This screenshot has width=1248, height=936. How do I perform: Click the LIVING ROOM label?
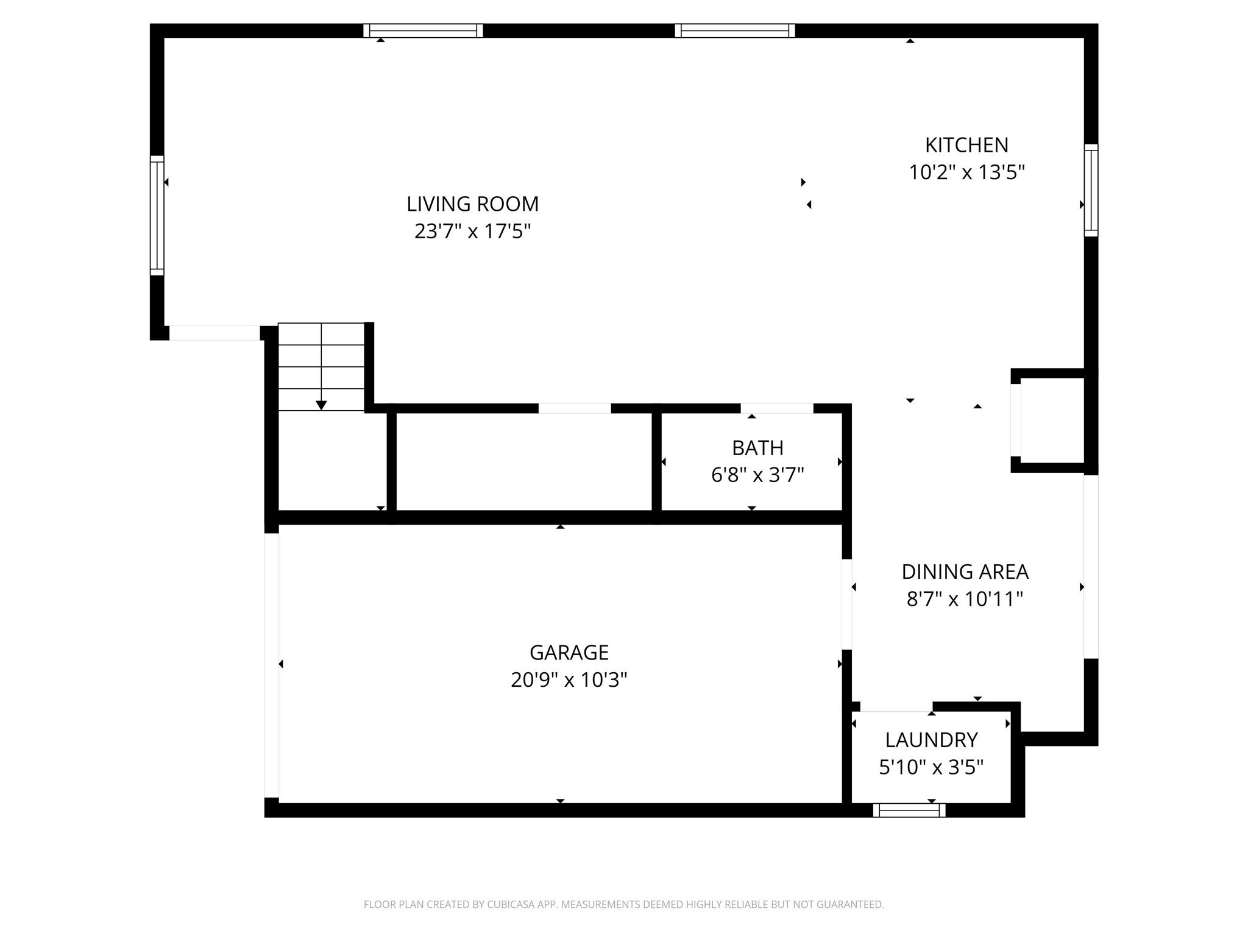pyautogui.click(x=472, y=204)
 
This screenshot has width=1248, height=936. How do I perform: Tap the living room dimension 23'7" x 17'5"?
pyautogui.click(x=472, y=232)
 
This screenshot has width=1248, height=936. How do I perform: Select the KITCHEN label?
pyautogui.click(x=966, y=145)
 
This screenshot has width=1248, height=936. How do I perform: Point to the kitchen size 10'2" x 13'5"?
pyautogui.click(x=966, y=172)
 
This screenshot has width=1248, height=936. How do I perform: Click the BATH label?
pyautogui.click(x=757, y=448)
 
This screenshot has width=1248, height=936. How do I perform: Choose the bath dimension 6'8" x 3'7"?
pyautogui.click(x=757, y=475)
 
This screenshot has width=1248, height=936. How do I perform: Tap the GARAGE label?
pyautogui.click(x=569, y=653)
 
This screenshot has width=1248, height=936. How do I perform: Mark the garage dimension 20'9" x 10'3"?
pyautogui.click(x=569, y=679)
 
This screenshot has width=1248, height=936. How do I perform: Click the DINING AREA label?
pyautogui.click(x=965, y=572)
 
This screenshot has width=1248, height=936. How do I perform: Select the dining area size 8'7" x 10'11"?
pyautogui.click(x=965, y=599)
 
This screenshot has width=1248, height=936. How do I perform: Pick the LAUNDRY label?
pyautogui.click(x=931, y=740)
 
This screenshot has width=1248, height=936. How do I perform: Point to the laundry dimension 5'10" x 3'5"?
pyautogui.click(x=931, y=767)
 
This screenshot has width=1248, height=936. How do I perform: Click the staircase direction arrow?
pyautogui.click(x=321, y=405)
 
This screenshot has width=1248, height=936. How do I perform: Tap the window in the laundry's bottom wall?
pyautogui.click(x=909, y=810)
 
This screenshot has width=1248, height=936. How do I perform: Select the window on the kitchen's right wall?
pyautogui.click(x=1091, y=190)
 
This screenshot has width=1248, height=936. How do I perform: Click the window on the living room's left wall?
pyautogui.click(x=157, y=215)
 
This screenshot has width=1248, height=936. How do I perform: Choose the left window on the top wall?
pyautogui.click(x=423, y=30)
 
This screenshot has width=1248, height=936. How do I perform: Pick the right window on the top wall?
pyautogui.click(x=734, y=30)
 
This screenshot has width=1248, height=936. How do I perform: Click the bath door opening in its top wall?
pyautogui.click(x=776, y=408)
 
